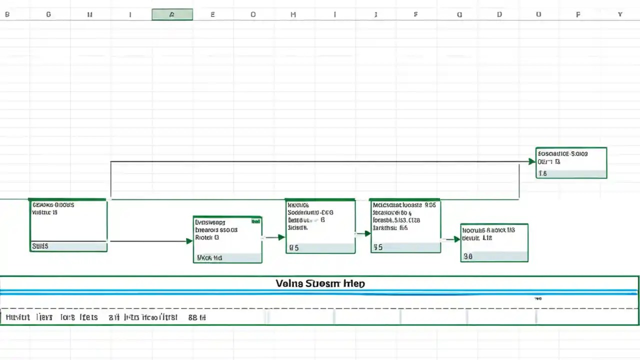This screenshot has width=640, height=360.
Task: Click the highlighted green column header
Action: tap(172, 14)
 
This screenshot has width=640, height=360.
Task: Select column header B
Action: tap(7, 14)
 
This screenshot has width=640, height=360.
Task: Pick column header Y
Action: tap(620, 14)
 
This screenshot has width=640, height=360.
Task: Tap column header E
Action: tap(212, 14)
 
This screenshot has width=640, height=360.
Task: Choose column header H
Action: tap(293, 14)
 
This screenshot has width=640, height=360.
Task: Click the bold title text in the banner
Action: tap(320, 283)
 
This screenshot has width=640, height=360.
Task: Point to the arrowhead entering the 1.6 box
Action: tap(532, 161)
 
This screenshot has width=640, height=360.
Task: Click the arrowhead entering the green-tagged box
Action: tap(189, 241)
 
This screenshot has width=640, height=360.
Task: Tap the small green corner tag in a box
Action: tap(255, 220)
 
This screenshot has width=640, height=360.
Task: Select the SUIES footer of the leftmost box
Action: tap(40, 246)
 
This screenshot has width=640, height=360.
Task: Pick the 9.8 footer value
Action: tap(468, 256)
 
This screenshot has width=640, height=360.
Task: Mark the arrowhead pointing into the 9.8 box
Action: tap(456, 239)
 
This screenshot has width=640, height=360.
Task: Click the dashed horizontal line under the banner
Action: tap(320, 308)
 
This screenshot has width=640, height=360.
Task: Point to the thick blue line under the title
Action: tap(320, 292)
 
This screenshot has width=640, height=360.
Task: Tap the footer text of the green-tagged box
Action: tap(209, 258)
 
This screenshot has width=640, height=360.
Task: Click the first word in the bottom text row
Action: tap(17, 317)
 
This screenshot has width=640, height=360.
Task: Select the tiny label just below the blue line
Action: tap(537, 298)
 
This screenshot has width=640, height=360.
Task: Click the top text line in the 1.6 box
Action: tap(562, 153)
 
